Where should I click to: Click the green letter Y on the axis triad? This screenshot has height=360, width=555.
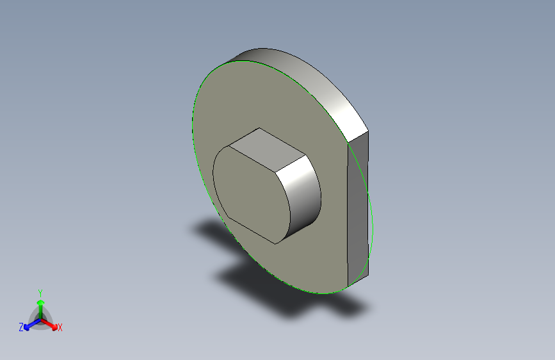click(x=40, y=293)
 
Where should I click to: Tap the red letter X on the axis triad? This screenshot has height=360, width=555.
click(x=60, y=327)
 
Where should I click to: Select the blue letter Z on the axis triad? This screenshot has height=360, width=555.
click(x=21, y=327)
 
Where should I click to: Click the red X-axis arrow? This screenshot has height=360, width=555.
click(x=49, y=324)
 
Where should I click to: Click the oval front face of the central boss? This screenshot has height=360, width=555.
click(x=252, y=195)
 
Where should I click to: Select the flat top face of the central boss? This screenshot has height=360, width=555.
click(x=266, y=150)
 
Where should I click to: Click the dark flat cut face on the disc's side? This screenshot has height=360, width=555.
click(x=358, y=209)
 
